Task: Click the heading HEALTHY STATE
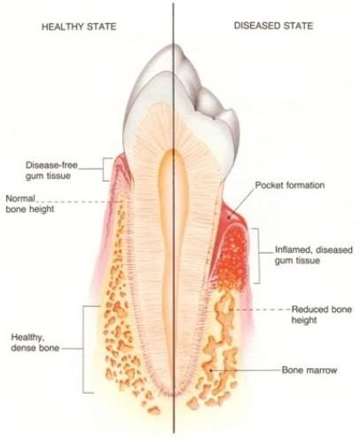point(79,27)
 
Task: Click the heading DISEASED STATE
point(273,26)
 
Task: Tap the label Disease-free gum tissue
point(51,170)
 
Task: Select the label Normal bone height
point(30,204)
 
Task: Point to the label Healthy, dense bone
point(35,342)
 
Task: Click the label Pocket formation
point(290,185)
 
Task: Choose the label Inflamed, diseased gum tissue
point(314,255)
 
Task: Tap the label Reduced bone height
point(322,315)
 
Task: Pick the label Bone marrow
point(309,370)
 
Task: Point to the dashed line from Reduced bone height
point(260,310)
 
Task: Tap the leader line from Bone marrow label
point(246,370)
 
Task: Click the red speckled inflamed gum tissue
point(232,255)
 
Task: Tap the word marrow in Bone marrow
point(322,371)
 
